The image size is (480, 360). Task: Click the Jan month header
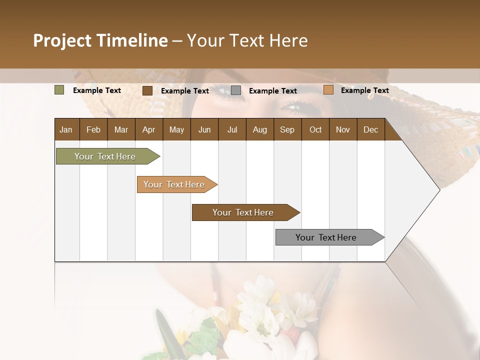(66, 129)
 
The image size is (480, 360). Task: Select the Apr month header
(148, 129)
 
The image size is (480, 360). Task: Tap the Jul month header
(232, 129)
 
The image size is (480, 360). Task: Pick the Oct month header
(315, 129)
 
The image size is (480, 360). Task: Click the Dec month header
(370, 129)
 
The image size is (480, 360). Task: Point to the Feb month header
(93, 129)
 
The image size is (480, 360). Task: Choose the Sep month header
(287, 129)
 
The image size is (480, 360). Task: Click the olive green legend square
(59, 90)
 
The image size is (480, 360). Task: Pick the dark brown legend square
(147, 90)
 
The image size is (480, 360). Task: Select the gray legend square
(236, 90)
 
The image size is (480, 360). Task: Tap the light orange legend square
(328, 90)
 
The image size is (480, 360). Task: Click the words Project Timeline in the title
(100, 40)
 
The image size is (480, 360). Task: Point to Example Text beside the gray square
(272, 91)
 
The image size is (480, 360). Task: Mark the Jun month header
(204, 129)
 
